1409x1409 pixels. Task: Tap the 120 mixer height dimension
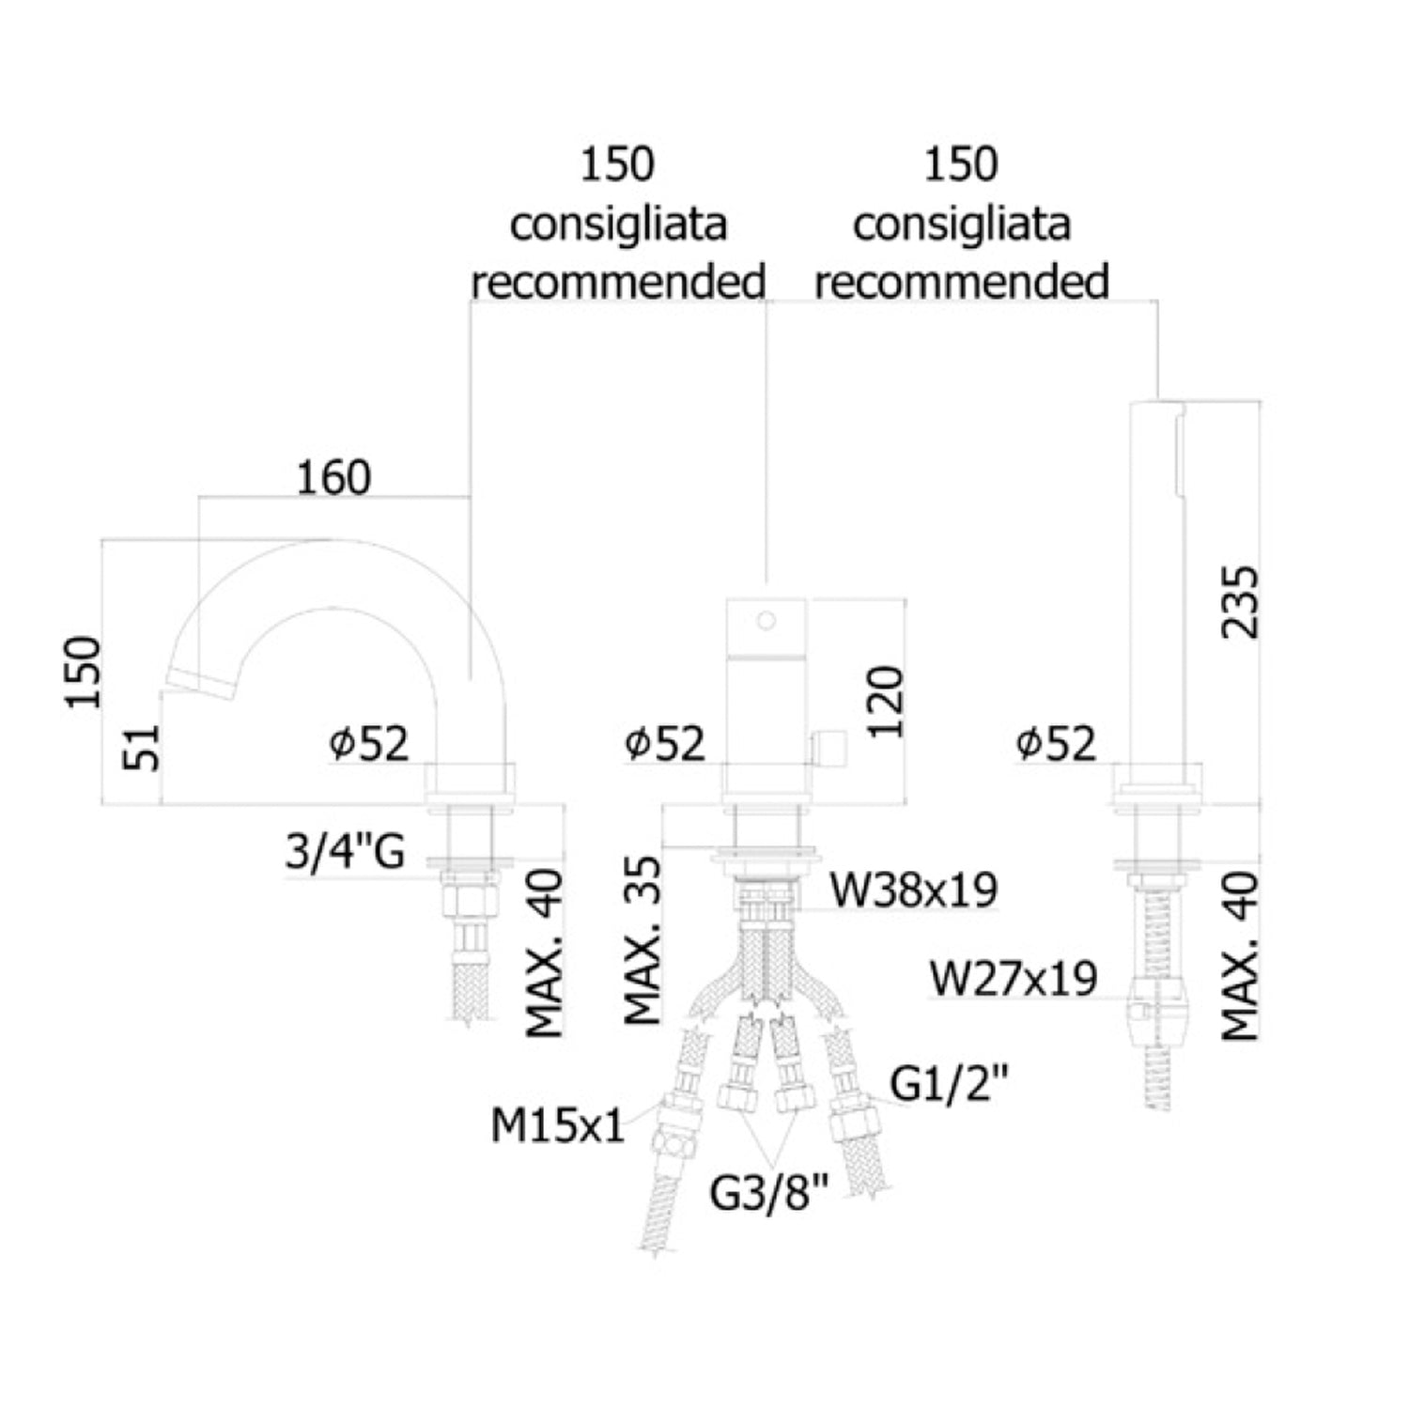click(x=885, y=702)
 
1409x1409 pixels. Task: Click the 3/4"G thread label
click(x=346, y=853)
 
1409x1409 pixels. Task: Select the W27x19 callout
click(x=1014, y=978)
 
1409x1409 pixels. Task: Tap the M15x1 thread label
click(x=557, y=1124)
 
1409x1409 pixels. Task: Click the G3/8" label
click(x=769, y=1194)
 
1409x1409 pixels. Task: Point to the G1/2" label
click(x=949, y=1085)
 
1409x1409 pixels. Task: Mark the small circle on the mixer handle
click(x=766, y=620)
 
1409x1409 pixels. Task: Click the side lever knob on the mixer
click(x=829, y=749)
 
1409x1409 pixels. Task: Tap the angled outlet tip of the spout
click(x=199, y=683)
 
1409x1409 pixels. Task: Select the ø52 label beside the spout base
click(x=369, y=745)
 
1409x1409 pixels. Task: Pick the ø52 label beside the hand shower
click(x=1056, y=745)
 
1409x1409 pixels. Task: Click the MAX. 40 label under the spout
click(x=545, y=953)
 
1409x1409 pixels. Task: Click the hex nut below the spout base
click(x=469, y=903)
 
